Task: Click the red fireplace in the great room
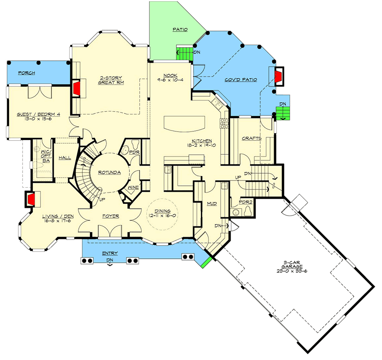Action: coord(76,88)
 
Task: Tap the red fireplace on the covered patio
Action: coord(279,76)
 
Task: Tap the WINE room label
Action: coord(133,188)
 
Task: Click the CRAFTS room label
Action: coord(251,138)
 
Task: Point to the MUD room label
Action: coord(212,204)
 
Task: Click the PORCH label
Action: coord(27,73)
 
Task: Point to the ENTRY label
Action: coord(110,254)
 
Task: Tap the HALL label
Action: coord(65,158)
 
